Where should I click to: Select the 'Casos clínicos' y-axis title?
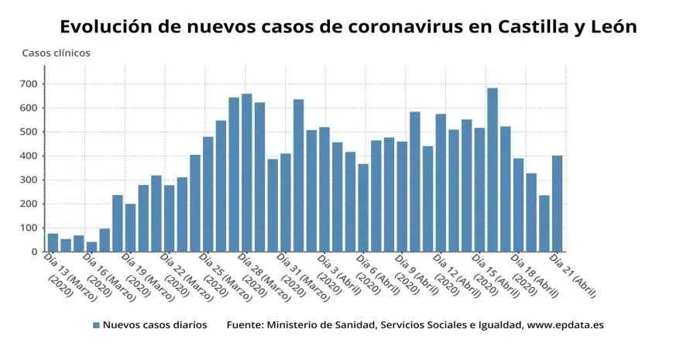tap(56, 53)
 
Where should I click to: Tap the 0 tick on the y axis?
tap(35, 252)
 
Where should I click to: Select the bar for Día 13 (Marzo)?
tap(53, 242)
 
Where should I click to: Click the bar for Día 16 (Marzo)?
tap(91, 247)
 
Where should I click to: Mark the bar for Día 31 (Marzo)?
tap(285, 207)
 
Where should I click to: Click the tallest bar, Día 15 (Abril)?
tap(492, 170)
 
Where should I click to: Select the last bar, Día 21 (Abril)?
tap(556, 204)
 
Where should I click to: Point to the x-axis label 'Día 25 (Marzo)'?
tap(225, 277)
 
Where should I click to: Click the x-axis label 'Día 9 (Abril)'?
tap(418, 277)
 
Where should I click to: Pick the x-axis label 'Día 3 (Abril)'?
tap(341, 277)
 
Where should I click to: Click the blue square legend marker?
tap(96, 325)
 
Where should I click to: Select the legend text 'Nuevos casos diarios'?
tap(155, 325)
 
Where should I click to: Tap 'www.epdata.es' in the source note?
tap(565, 325)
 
